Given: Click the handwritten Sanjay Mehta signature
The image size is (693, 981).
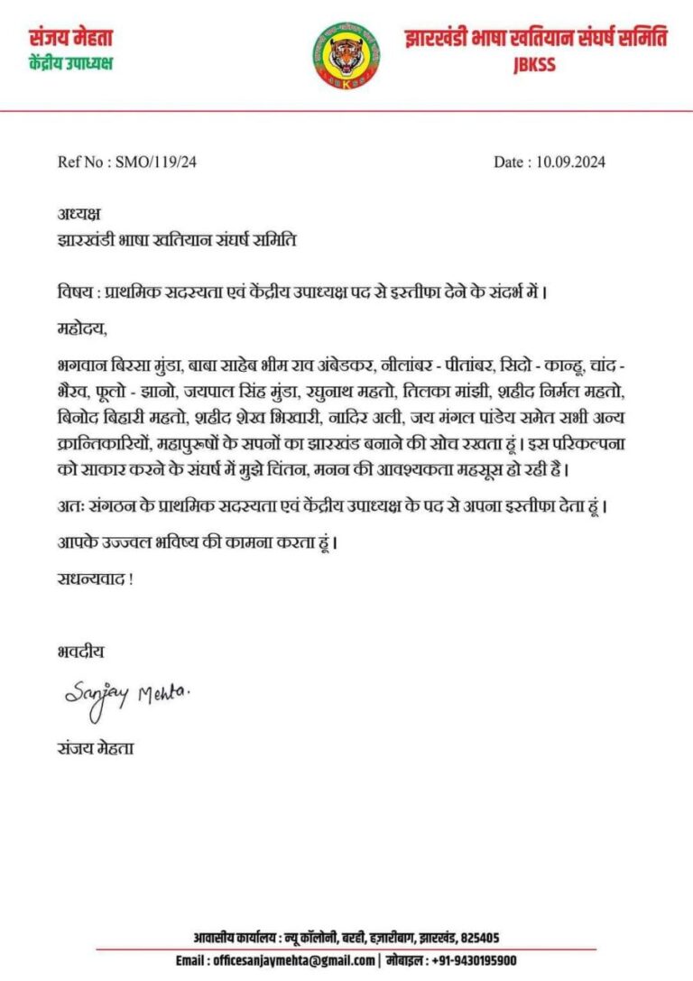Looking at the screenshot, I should pos(127,695).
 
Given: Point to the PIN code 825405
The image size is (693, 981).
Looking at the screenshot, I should pos(478,938).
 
